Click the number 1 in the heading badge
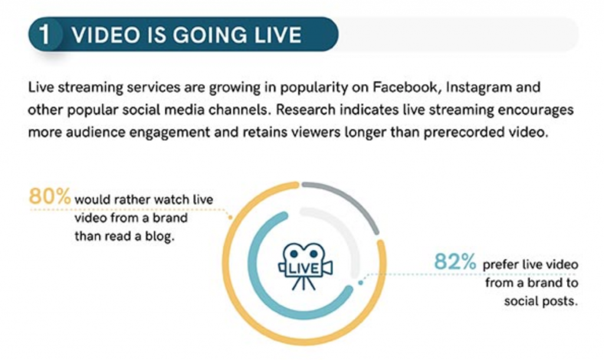click(45, 34)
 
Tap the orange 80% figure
click(50, 196)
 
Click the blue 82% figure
click(455, 261)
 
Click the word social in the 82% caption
click(521, 301)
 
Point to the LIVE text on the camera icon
click(304, 269)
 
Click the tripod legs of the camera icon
click(304, 283)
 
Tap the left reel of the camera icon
click(294, 254)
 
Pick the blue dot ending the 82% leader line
click(360, 283)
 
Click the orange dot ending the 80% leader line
click(231, 218)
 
